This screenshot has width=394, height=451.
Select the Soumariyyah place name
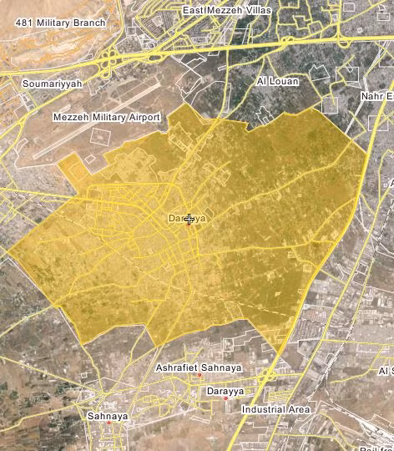[x=52, y=84]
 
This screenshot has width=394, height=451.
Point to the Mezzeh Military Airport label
[x=106, y=118]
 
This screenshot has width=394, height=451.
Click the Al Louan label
[x=272, y=82]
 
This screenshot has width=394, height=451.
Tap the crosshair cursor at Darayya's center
[x=189, y=220]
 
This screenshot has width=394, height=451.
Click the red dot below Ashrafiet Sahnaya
[x=200, y=377]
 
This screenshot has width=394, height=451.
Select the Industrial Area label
[x=275, y=410]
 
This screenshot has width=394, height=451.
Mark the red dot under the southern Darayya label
[x=225, y=398]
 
